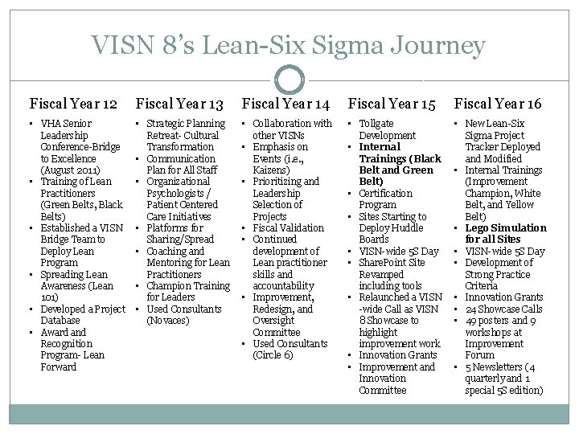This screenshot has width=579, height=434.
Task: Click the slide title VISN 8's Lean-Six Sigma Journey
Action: (x=289, y=46)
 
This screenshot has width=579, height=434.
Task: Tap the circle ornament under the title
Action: (x=289, y=80)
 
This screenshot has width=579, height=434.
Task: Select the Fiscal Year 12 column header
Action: (x=73, y=103)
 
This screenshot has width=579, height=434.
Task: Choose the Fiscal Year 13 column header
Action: (x=180, y=103)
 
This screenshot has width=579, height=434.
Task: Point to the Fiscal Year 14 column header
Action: (x=286, y=103)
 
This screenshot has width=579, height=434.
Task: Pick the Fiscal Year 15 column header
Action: (x=392, y=103)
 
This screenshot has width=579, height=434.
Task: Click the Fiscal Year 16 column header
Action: (x=498, y=103)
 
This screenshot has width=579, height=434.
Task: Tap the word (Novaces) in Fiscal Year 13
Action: (x=167, y=321)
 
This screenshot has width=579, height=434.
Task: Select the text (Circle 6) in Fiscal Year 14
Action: (x=273, y=355)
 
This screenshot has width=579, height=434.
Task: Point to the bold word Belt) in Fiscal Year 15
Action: (x=371, y=182)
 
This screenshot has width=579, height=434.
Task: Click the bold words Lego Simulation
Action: (x=506, y=228)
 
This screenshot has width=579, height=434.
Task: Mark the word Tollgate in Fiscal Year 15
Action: (x=376, y=123)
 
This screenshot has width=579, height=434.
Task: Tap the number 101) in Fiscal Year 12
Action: (x=47, y=297)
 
